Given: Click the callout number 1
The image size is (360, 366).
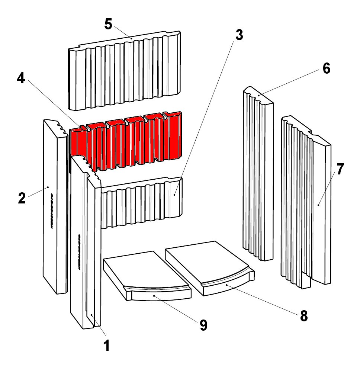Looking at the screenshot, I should click(x=106, y=346).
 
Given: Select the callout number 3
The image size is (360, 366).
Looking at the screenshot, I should click(x=239, y=35).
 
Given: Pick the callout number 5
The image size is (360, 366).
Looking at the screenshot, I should click(x=108, y=24).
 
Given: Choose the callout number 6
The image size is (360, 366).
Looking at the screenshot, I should click(x=326, y=69).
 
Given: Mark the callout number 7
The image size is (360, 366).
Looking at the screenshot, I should click(x=340, y=169).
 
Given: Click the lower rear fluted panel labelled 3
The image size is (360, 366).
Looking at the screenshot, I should click(x=141, y=203).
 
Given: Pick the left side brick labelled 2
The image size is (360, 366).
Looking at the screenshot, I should click(x=54, y=208).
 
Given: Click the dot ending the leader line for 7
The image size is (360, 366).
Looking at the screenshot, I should click(x=319, y=205).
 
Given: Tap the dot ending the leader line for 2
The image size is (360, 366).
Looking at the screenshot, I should click(x=48, y=187).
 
